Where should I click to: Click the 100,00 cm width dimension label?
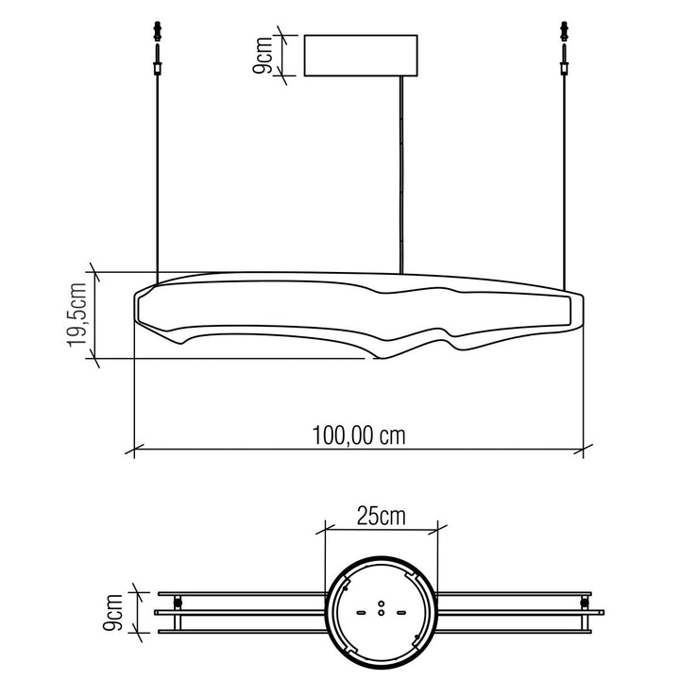coord(359,435)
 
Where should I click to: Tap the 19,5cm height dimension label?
coord(77,314)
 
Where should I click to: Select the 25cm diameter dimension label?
coord(382,516)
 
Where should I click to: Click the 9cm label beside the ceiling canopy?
coord(262,56)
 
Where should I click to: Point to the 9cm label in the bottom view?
coord(112,612)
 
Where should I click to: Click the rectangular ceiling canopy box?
coord(361,56)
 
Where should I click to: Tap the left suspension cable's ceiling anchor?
coord(158,31)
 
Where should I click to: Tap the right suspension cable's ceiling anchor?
coord(564,31)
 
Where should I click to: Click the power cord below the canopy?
coord(401,175)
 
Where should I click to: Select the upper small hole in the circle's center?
coord(382,603)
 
